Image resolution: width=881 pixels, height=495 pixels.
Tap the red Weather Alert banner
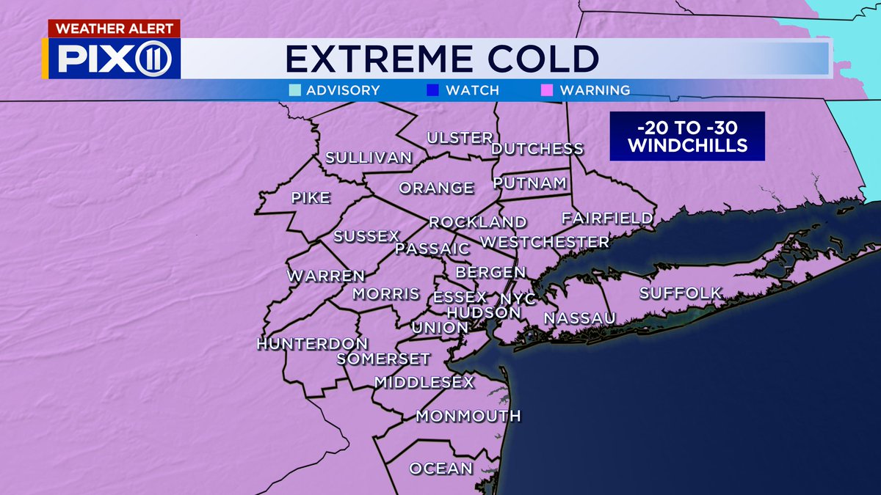pyautogui.click(x=114, y=29)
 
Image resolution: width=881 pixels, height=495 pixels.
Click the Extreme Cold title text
pyautogui.click(x=441, y=59)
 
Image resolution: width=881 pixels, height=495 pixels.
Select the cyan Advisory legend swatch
pyautogui.click(x=294, y=91)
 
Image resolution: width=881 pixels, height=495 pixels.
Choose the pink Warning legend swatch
pyautogui.click(x=547, y=91)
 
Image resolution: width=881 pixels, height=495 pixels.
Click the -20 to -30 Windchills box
pyautogui.click(x=686, y=136)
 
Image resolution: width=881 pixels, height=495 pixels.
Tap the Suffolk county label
pyautogui.click(x=681, y=293)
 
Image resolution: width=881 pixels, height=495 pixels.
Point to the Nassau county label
pyautogui.click(x=579, y=318)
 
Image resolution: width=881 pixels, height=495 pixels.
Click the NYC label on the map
pyautogui.click(x=518, y=299)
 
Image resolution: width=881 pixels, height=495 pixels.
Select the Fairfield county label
pyautogui.click(x=607, y=218)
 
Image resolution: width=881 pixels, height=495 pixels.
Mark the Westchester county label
pyautogui.click(x=544, y=241)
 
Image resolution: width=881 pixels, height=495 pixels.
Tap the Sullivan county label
pyautogui.click(x=369, y=158)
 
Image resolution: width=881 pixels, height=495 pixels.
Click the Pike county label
pyautogui.click(x=311, y=197)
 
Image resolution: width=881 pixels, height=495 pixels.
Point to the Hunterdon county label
pyautogui.click(x=312, y=344)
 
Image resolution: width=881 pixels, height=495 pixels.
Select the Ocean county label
pyautogui.click(x=440, y=469)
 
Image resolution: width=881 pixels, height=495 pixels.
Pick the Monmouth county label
pyautogui.click(x=468, y=417)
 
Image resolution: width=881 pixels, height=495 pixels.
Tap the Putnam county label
pyautogui.click(x=530, y=183)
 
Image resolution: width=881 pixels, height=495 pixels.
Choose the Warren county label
pyautogui.click(x=326, y=276)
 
